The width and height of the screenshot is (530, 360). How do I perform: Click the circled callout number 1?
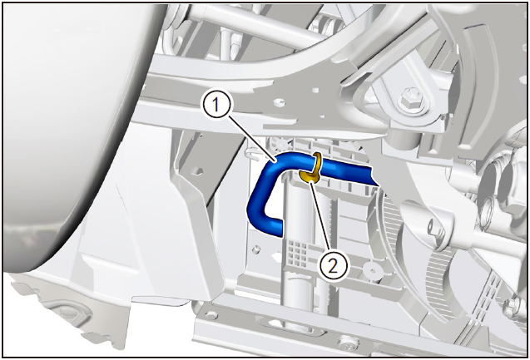click(x=216, y=106)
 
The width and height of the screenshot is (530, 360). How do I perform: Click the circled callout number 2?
click(x=334, y=267)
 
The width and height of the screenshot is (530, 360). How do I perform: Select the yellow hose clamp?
click(x=312, y=168)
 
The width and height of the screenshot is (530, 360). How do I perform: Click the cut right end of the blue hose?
click(x=374, y=176)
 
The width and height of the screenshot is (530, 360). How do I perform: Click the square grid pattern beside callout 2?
click(x=299, y=252)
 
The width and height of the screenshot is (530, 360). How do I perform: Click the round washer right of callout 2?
click(x=371, y=270)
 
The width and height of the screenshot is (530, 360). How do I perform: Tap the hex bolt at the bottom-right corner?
click(x=513, y=305)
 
